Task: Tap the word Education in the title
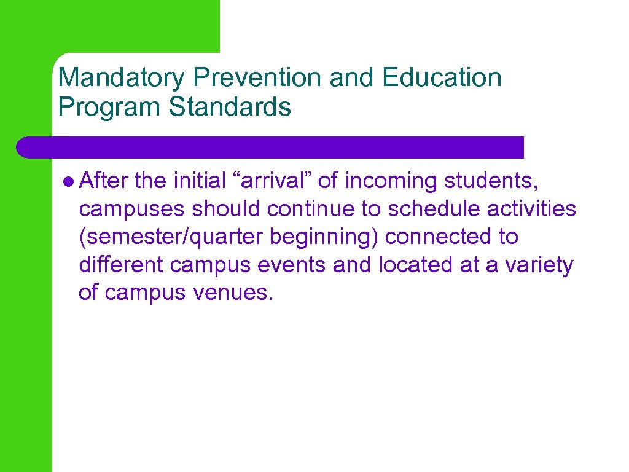coord(441,78)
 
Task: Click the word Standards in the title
coord(230,107)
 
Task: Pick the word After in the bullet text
coord(103,181)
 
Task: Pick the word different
coord(121,265)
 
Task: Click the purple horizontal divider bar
coord(270,147)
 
